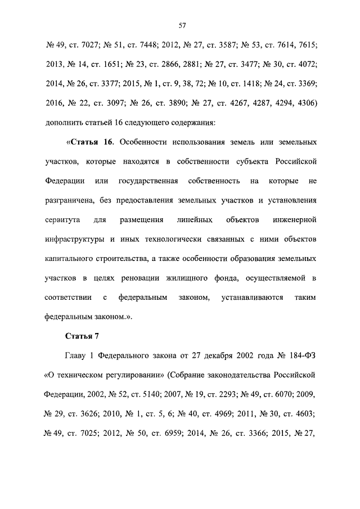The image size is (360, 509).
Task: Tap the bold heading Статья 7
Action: pyautogui.click(x=82, y=336)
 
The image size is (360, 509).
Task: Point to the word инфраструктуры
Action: pyautogui.click(x=73, y=238)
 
